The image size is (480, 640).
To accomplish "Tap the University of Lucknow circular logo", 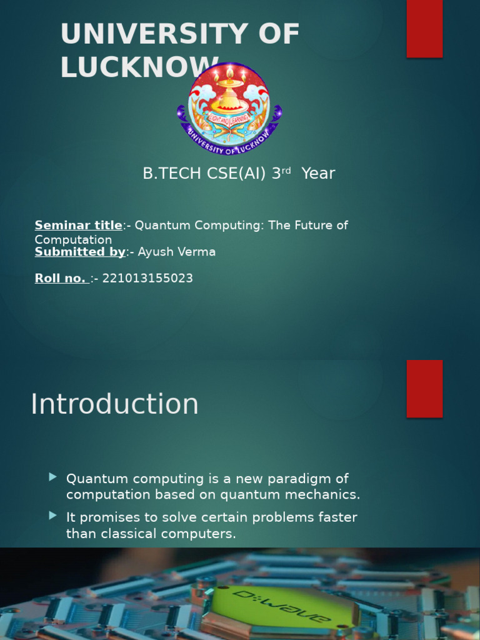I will [x=229, y=108].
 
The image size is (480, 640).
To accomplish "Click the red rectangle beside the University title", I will [x=424, y=28].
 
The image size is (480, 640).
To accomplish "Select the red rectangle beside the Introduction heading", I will [x=424, y=388].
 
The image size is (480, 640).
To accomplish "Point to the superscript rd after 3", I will [x=287, y=170].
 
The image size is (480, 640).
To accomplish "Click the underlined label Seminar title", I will [x=79, y=225].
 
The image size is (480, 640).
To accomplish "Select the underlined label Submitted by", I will [x=80, y=252].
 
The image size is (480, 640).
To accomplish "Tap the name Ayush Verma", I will [x=177, y=252].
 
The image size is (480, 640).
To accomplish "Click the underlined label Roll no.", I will [x=61, y=278].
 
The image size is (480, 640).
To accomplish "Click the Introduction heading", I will [x=114, y=404].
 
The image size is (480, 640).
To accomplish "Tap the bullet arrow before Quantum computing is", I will [x=53, y=477].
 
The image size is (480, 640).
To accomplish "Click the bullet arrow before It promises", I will [x=53, y=516].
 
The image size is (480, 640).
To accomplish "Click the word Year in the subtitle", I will [x=318, y=173].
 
